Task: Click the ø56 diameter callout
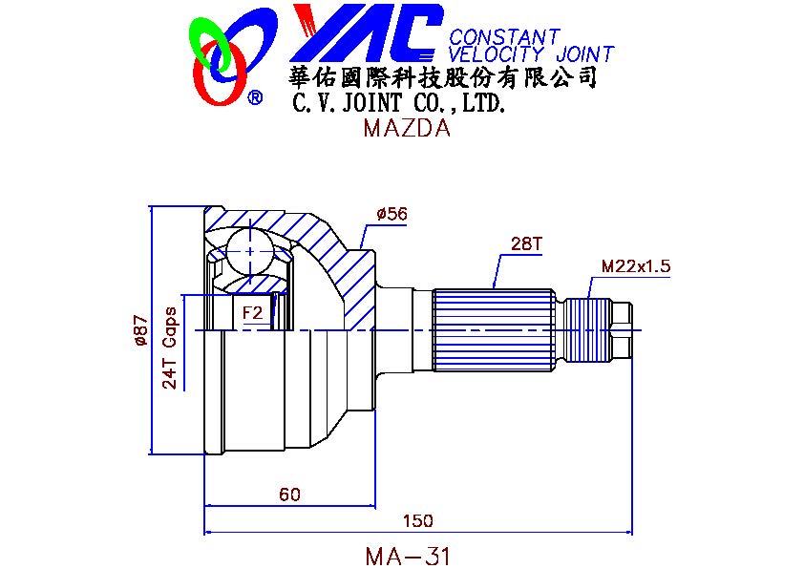392,213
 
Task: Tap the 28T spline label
525,243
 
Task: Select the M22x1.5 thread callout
635,266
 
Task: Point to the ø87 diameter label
140,330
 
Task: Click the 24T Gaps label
169,348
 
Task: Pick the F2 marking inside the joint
252,312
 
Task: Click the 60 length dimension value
289,495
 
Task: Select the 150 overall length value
417,521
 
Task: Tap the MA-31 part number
408,557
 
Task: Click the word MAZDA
407,128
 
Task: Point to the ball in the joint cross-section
250,251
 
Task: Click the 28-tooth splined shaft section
494,330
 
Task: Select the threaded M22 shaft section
588,330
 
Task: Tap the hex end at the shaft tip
623,330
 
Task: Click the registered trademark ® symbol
255,97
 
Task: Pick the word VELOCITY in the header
496,53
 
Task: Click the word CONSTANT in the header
504,37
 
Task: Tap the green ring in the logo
209,44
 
